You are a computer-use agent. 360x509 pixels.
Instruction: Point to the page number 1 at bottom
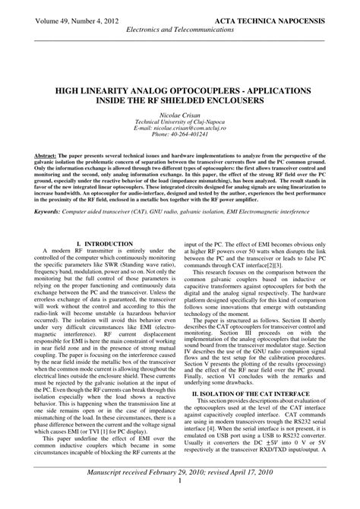coord(180,502)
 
